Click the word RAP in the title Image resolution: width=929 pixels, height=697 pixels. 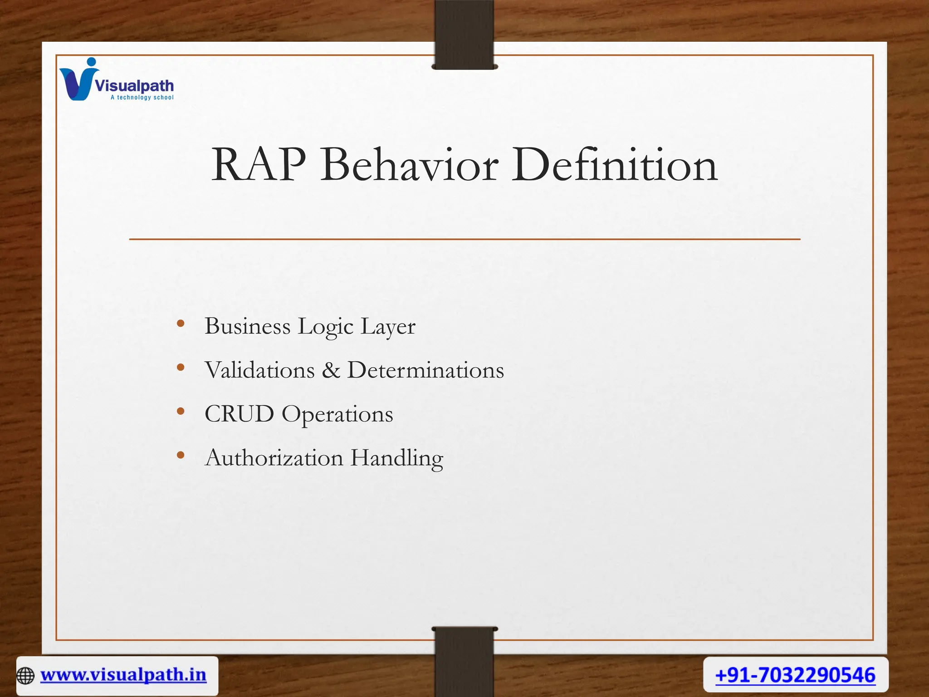[x=259, y=165]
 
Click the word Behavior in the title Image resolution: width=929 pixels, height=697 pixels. [x=409, y=165]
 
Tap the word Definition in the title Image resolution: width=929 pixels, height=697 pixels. [x=614, y=165]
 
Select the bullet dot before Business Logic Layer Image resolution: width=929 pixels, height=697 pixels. [x=181, y=324]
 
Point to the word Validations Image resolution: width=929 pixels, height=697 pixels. [x=259, y=370]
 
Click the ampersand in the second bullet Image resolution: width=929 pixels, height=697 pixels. [x=331, y=370]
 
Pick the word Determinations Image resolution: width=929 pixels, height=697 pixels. [x=425, y=370]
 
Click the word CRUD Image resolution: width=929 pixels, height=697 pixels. [x=239, y=414]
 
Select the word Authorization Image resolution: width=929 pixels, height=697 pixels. [x=274, y=457]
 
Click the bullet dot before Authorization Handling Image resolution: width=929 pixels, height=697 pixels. [x=181, y=455]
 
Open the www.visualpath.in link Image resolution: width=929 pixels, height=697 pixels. [x=123, y=675]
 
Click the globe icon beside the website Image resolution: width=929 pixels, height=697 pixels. [x=25, y=676]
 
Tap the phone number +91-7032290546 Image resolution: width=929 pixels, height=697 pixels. [x=795, y=675]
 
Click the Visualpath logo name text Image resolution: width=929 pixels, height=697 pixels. [x=134, y=85]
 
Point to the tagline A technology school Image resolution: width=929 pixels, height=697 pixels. [x=142, y=98]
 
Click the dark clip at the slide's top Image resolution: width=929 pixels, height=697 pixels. [x=464, y=34]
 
